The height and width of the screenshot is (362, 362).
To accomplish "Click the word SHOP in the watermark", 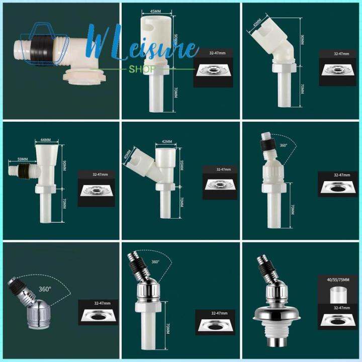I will (142, 69).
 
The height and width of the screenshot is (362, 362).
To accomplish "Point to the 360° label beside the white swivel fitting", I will (284, 145).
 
